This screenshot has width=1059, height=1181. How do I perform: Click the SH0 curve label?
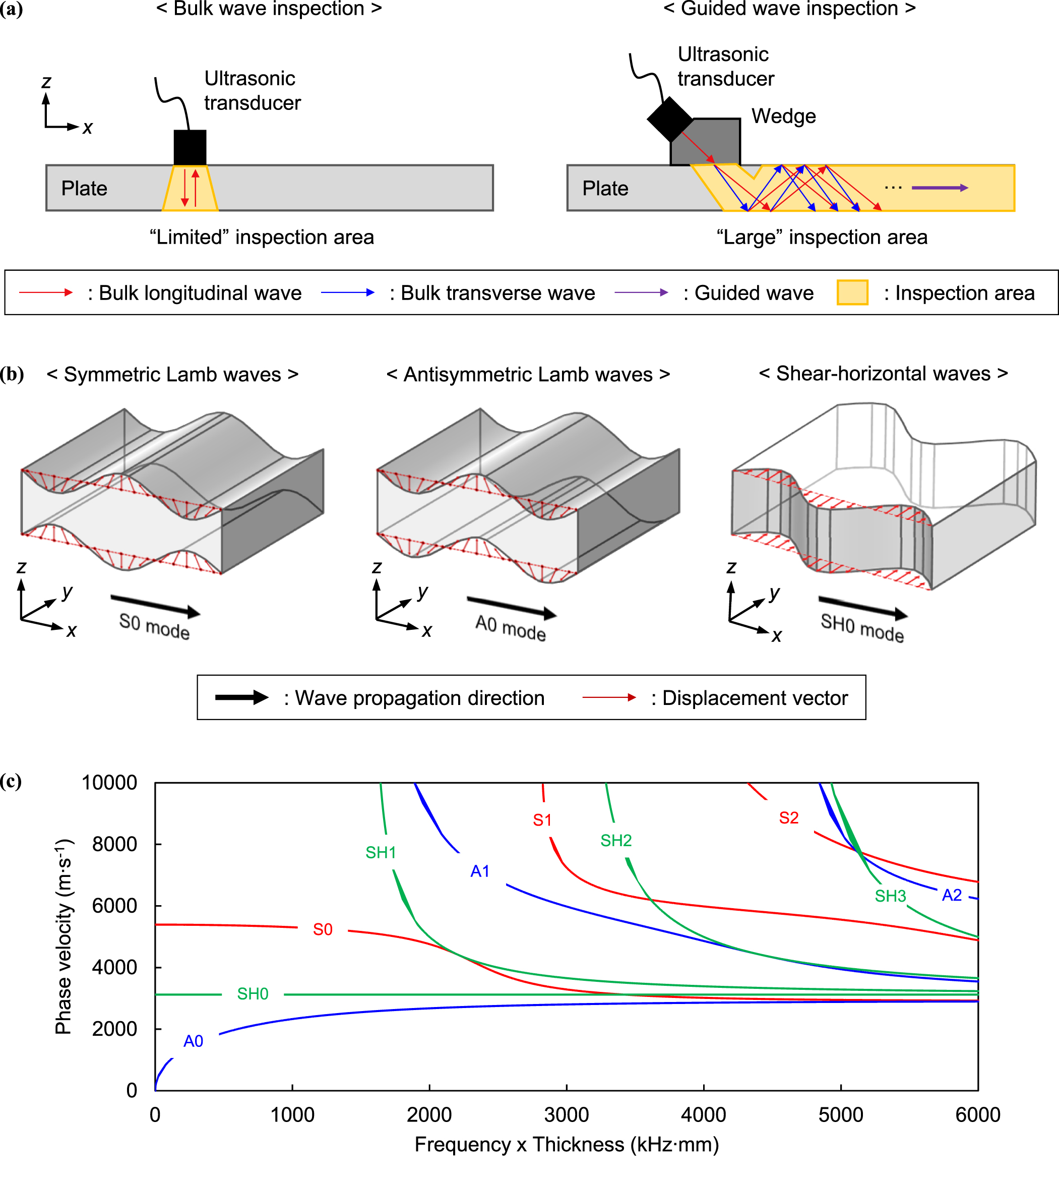[x=253, y=993]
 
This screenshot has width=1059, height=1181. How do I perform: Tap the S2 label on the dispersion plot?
[x=788, y=818]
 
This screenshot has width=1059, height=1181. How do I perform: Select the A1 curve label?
[x=479, y=871]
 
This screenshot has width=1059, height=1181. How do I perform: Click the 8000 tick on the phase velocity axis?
[x=114, y=844]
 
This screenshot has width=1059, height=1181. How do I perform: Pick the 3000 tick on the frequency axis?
[x=566, y=1114]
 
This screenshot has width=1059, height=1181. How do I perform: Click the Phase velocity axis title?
[x=64, y=936]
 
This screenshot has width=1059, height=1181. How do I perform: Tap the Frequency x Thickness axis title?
[x=566, y=1144]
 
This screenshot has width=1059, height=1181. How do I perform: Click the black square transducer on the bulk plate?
[x=190, y=147]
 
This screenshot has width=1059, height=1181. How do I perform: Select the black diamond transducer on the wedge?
[x=670, y=120]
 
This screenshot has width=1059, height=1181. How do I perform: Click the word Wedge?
[x=783, y=116]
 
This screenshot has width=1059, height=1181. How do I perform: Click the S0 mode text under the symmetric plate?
[x=154, y=626]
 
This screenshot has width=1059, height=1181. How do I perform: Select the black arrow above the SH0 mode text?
[x=862, y=607]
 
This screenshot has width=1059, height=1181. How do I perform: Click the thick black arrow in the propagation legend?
[x=241, y=697]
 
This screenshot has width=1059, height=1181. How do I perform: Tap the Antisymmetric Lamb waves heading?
[x=528, y=374]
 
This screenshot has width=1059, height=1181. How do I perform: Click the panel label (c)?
[x=11, y=781]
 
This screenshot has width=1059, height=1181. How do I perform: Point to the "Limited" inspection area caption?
[x=261, y=237]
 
